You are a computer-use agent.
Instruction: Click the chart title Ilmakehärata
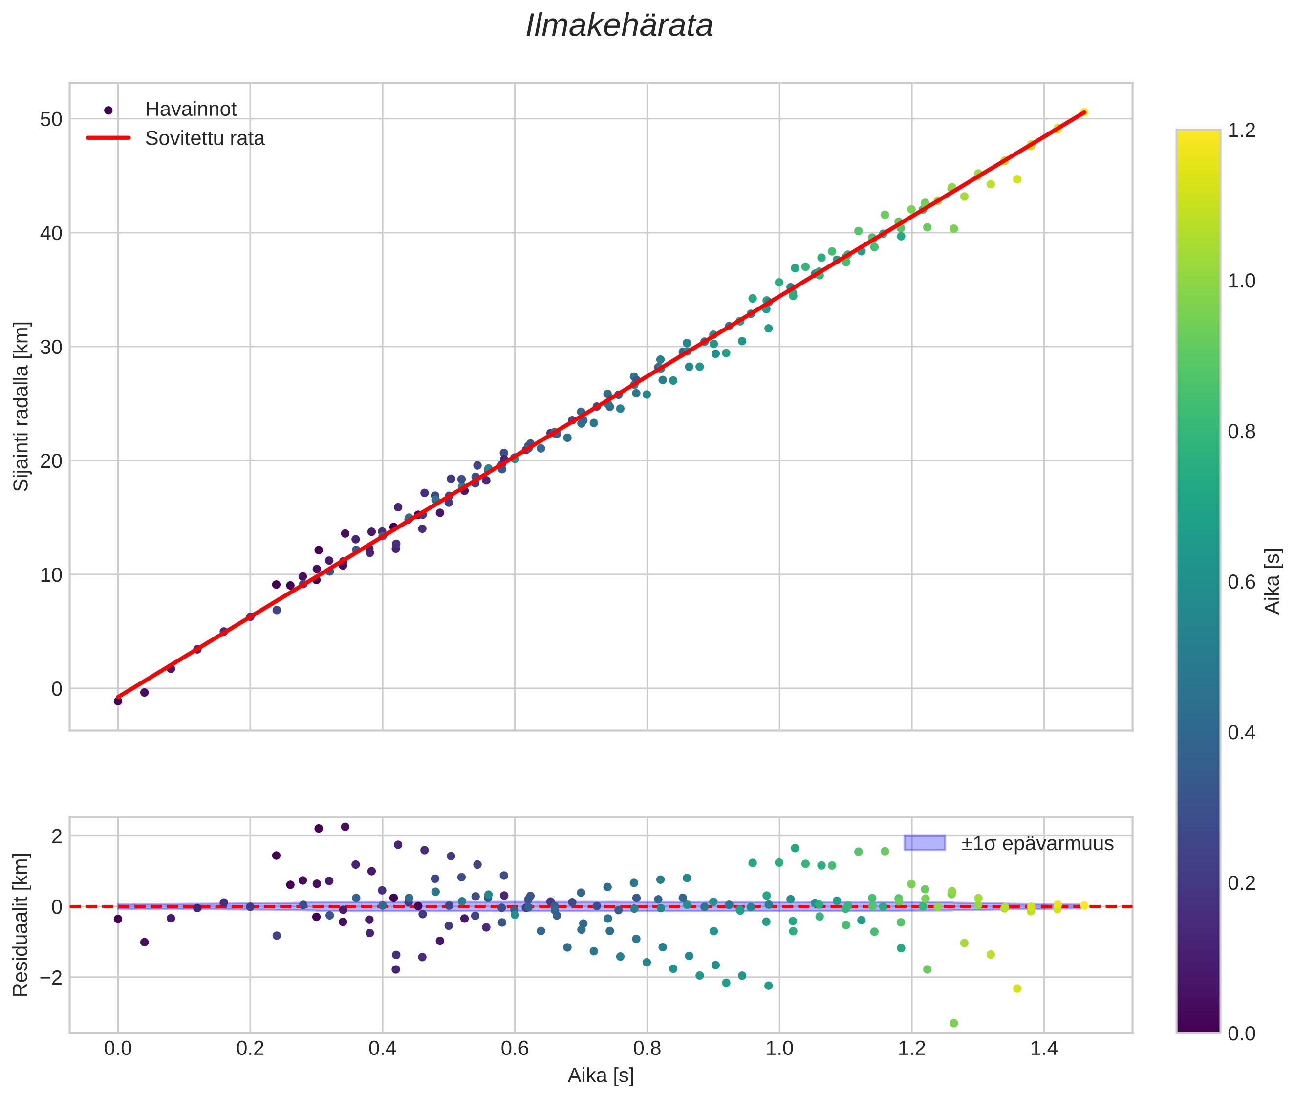pyautogui.click(x=619, y=26)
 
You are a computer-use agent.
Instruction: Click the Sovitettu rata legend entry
pyautogui.click(x=204, y=138)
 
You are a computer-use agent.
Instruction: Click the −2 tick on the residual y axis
pyautogui.click(x=48, y=977)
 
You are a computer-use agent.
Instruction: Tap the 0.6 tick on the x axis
pyautogui.click(x=515, y=1049)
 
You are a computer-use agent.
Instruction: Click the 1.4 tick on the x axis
pyautogui.click(x=1044, y=1049)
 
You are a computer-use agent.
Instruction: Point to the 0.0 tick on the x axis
pyautogui.click(x=118, y=1049)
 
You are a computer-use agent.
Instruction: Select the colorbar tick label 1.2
pyautogui.click(x=1241, y=130)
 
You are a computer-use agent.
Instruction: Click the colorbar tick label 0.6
pyautogui.click(x=1241, y=582)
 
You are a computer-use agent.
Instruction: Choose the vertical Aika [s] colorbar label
pyautogui.click(x=1273, y=581)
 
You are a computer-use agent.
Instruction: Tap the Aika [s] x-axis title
pyautogui.click(x=601, y=1076)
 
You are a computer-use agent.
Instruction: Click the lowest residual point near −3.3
pyautogui.click(x=953, y=1023)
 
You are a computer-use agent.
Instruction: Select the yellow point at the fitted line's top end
pyautogui.click(x=1083, y=112)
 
